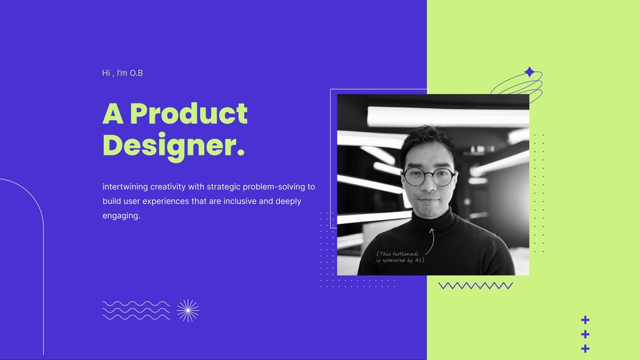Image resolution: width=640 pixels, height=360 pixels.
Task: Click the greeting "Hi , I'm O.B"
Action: tap(123, 73)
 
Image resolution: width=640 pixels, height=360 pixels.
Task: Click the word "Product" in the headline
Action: tap(189, 114)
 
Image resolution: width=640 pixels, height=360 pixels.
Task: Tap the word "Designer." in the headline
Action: tap(173, 145)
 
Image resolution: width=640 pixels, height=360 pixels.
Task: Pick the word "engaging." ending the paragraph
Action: tap(121, 216)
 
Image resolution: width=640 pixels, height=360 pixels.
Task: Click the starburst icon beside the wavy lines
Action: tap(188, 310)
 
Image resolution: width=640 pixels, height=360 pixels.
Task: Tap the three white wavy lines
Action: tap(136, 310)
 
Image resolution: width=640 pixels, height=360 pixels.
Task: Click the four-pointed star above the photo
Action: tap(529, 72)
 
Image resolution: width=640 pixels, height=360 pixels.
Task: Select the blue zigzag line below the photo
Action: tap(475, 285)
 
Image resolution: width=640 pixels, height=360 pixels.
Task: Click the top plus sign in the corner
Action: tap(585, 319)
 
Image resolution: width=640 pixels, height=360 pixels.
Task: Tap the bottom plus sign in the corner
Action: tap(585, 349)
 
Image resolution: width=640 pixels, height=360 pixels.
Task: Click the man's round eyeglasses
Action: tap(429, 177)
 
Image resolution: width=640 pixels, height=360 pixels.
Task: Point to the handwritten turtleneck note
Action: tap(400, 257)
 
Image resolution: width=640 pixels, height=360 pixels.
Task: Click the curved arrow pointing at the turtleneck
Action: tap(430, 240)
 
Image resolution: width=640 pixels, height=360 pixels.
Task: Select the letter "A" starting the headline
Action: tap(113, 114)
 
